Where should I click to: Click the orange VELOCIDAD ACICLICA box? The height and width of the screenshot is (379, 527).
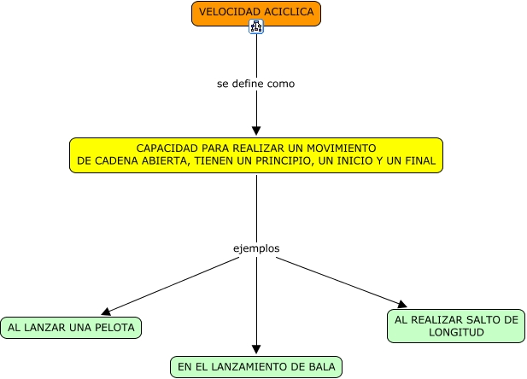point(256,13)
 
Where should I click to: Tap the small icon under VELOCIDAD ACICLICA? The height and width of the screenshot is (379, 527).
point(256,27)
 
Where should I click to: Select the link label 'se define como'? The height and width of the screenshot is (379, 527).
point(256,85)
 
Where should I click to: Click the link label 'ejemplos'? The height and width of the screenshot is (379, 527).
point(256,248)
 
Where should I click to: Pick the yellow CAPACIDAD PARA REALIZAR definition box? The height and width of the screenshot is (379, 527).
point(256,155)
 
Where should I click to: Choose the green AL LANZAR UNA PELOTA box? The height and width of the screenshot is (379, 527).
point(71,327)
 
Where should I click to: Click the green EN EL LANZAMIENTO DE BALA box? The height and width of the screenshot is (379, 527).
point(256,367)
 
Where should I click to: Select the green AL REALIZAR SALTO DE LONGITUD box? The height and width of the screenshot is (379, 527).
point(456,326)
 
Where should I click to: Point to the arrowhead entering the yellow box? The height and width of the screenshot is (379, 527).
point(256,131)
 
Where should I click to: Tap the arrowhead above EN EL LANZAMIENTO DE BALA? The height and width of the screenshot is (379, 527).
point(256,349)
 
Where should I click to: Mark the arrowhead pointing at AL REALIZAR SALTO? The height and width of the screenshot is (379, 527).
point(401,303)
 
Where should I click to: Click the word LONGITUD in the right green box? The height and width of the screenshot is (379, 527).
point(456,333)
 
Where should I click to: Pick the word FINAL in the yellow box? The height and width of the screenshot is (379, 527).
point(419,160)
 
